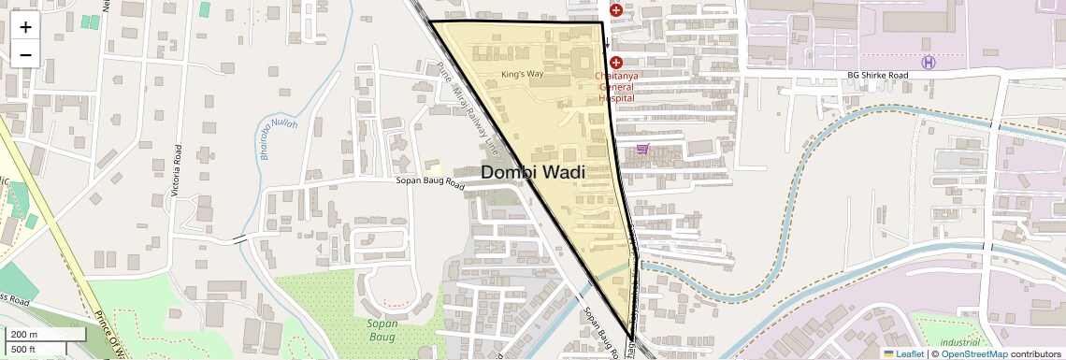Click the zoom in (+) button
click(25, 27)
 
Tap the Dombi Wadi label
click(533, 173)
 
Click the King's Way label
click(522, 73)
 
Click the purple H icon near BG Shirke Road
click(928, 63)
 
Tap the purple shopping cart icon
click(641, 149)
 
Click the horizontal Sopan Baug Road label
click(430, 184)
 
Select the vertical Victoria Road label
click(178, 168)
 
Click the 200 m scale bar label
click(24, 335)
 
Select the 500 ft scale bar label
click(23, 350)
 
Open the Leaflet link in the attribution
click(902, 353)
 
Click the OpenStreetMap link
click(973, 353)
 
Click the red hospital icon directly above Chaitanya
click(616, 62)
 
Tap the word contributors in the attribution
click(1036, 353)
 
